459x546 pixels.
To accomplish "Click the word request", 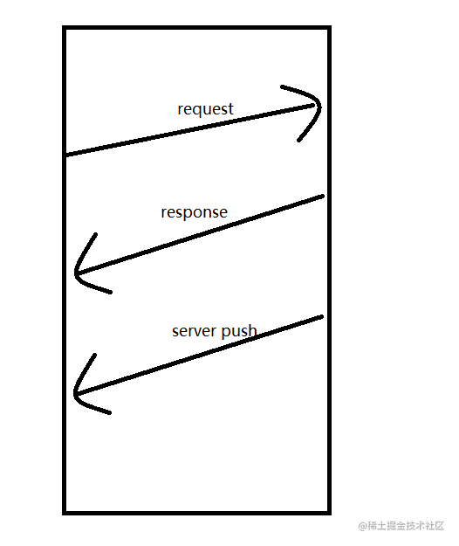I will [x=205, y=109].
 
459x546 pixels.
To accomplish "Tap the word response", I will [x=194, y=212].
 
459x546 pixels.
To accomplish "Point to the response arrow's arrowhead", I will [x=78, y=275].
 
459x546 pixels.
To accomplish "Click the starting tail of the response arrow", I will [x=321, y=197].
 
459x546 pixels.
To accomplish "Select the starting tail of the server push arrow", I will [x=321, y=317].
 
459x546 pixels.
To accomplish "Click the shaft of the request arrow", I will [x=192, y=130].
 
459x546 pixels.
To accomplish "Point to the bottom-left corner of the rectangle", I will [x=65, y=512].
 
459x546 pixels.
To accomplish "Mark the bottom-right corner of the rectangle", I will [x=329, y=512].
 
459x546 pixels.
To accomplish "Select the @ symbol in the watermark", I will [x=362, y=526].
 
